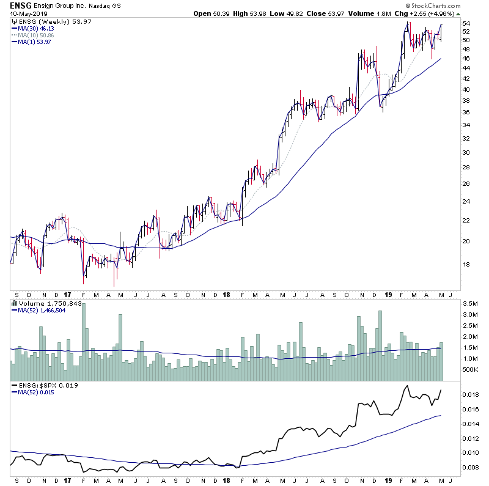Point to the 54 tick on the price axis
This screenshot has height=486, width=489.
pyautogui.click(x=466, y=23)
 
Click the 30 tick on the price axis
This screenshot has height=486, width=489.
pyautogui.click(x=466, y=153)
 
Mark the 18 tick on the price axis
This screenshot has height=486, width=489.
pyautogui.click(x=466, y=265)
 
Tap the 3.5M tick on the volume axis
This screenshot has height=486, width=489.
pyautogui.click(x=469, y=303)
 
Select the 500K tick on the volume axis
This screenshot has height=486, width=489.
pyautogui.click(x=469, y=370)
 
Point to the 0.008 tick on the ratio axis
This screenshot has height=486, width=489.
pyautogui.click(x=470, y=467)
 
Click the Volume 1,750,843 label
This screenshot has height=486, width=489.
pyautogui.click(x=46, y=303)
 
